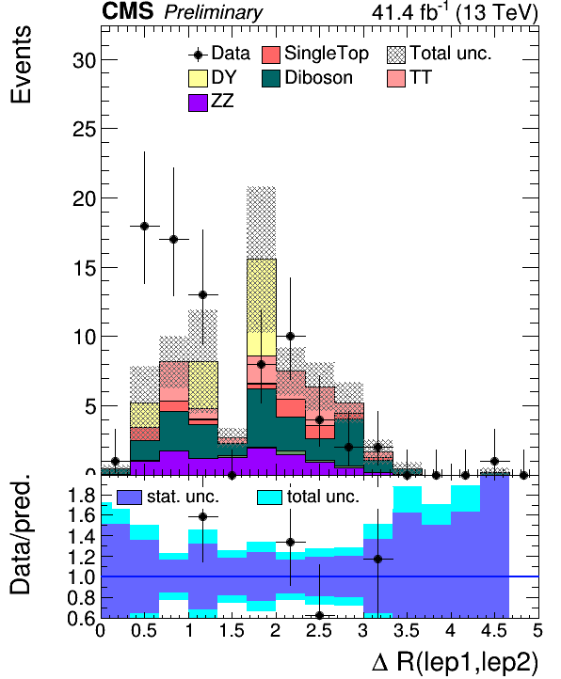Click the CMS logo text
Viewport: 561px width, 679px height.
(127, 11)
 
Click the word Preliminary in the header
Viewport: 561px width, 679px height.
(213, 12)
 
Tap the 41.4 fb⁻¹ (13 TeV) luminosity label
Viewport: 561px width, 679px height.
(455, 11)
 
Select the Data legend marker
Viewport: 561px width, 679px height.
(199, 55)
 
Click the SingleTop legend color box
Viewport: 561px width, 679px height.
(271, 55)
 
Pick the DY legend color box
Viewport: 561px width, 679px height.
(198, 78)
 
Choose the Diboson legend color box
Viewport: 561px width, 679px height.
(271, 78)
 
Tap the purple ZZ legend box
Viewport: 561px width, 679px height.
(198, 103)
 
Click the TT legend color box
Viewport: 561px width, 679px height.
(396, 78)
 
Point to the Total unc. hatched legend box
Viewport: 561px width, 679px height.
(396, 55)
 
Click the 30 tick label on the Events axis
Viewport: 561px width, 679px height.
(84, 60)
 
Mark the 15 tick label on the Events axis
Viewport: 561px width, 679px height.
(84, 268)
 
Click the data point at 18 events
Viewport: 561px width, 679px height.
(144, 226)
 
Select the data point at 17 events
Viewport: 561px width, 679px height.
(173, 239)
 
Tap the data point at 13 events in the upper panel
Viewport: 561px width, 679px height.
(202, 295)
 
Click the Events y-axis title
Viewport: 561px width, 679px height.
(21, 65)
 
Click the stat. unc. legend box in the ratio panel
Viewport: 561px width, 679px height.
(129, 497)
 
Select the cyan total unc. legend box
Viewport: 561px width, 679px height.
(269, 497)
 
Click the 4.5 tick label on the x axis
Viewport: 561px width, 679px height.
(494, 630)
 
